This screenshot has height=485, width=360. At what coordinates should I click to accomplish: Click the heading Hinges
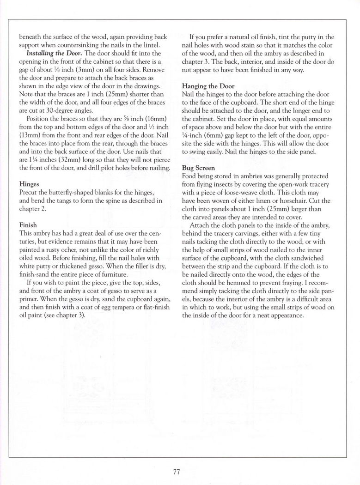click(x=29, y=183)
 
